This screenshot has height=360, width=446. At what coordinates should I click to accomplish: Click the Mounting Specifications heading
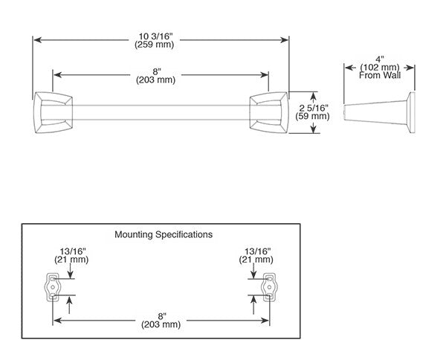pos(164,234)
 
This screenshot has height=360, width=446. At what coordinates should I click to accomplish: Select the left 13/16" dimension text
pos(69,251)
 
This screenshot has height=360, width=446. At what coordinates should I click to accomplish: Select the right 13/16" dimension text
pos(256,251)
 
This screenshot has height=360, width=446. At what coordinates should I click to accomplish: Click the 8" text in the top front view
pos(161,71)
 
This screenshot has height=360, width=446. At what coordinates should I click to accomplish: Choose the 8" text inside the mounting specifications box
pos(161,315)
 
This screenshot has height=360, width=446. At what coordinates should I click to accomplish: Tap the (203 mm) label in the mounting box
pos(161,325)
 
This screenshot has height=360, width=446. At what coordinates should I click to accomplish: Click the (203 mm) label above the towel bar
pos(161,81)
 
